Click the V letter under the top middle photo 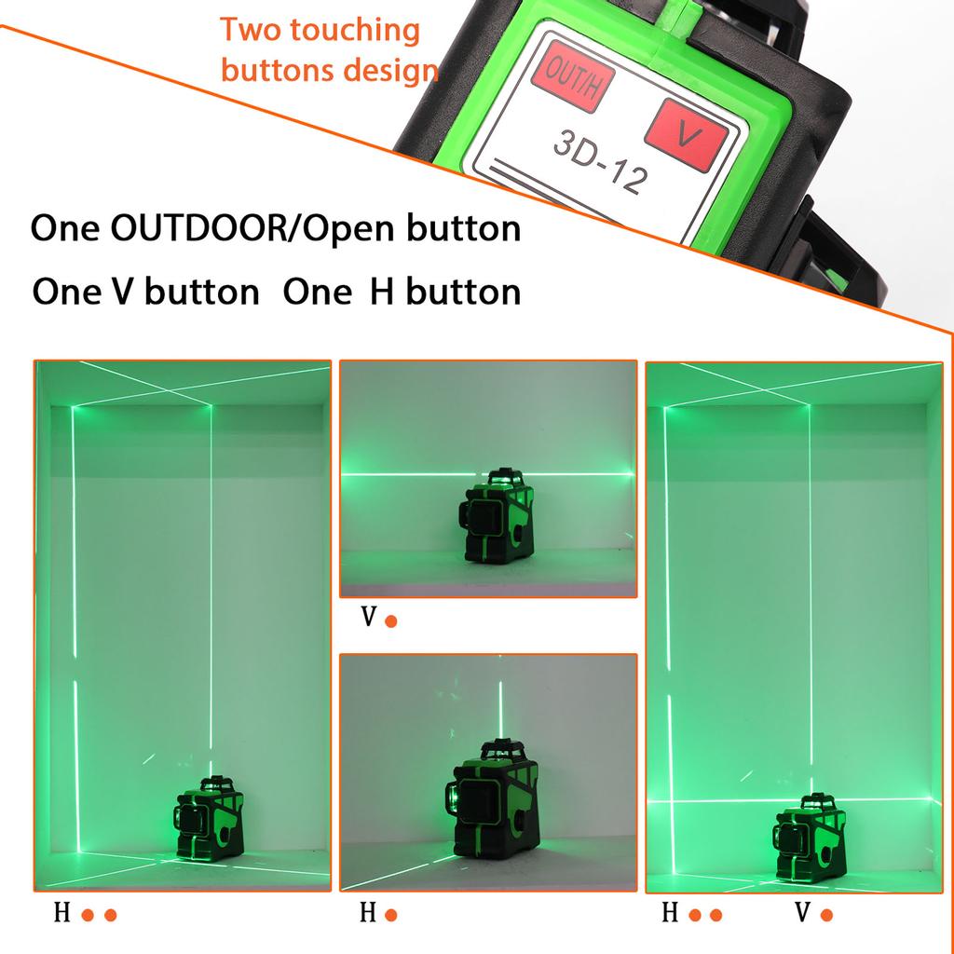click(369, 619)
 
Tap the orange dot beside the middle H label click(391, 915)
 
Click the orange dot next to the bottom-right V click(826, 915)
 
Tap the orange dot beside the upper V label click(391, 620)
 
